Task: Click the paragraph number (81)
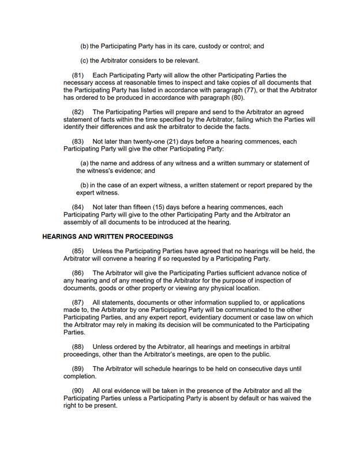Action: [78, 76]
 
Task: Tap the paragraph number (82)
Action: [78, 112]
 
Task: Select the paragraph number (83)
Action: [78, 141]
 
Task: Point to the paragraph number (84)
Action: [78, 207]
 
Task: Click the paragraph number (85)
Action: [78, 251]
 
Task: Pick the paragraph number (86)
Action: [78, 273]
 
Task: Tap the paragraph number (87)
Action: [78, 303]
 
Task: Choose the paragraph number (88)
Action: [78, 346]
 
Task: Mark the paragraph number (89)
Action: [78, 368]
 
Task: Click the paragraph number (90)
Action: [78, 391]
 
